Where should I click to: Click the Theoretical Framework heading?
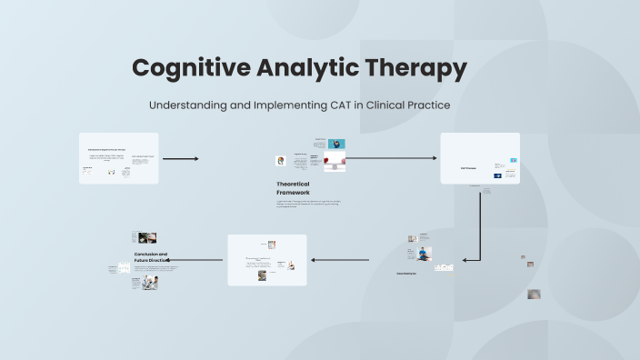[293, 188]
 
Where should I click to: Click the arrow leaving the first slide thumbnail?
[180, 159]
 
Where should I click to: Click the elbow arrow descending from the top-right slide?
[480, 227]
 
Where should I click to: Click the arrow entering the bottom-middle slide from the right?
[341, 260]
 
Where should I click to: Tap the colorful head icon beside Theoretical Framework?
[281, 161]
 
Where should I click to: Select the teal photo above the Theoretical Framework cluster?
[336, 144]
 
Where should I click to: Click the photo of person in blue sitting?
[425, 253]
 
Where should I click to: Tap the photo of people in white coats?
[149, 283]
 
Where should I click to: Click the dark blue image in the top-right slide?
[498, 175]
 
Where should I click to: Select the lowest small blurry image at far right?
[535, 295]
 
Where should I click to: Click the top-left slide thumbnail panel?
[118, 158]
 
